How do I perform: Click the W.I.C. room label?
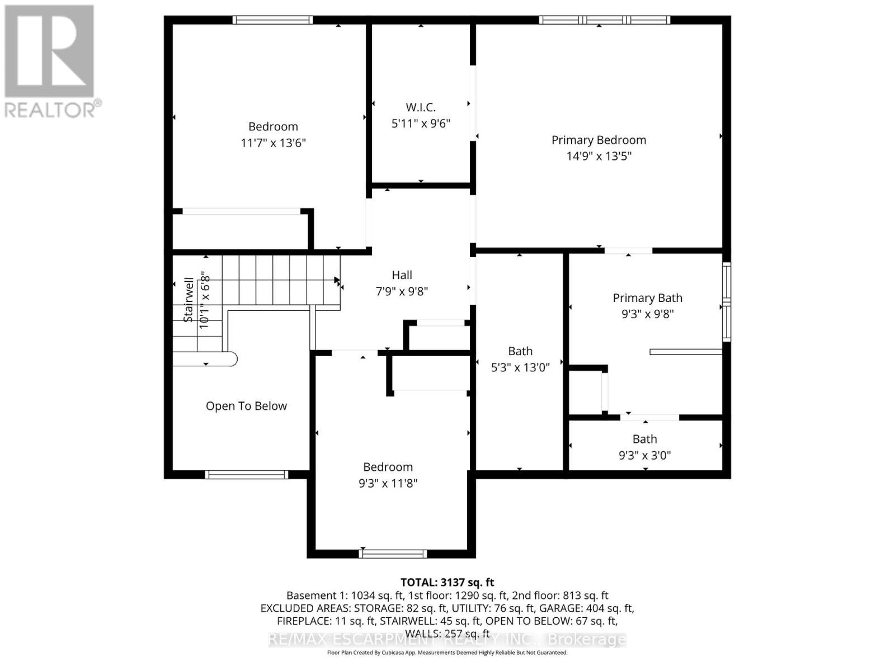(421, 107)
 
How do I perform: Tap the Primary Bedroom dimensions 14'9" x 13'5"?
(599, 156)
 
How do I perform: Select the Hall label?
(402, 275)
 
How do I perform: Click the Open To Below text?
(246, 406)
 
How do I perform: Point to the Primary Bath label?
(647, 298)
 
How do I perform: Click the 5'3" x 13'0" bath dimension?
(520, 367)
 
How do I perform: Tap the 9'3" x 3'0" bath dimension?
(644, 455)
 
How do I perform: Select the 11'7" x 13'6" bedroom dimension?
(273, 143)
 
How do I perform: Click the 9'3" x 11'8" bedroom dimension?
(388, 483)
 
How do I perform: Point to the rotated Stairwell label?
(189, 300)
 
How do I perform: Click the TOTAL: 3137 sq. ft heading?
(447, 582)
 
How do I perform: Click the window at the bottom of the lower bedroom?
(393, 554)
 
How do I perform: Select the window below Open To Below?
(246, 475)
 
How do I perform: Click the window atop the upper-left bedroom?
(272, 20)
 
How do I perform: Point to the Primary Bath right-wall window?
(726, 302)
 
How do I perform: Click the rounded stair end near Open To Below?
(230, 358)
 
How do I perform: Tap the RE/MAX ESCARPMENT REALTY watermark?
(447, 640)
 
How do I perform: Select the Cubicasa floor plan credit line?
(447, 653)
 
